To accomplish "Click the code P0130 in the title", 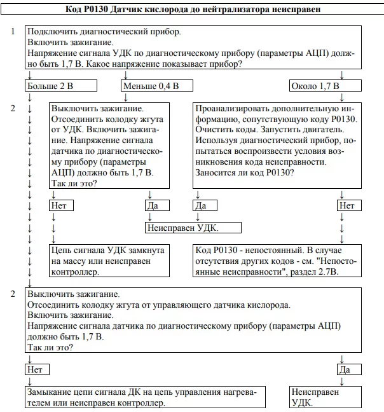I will pyautogui.click(x=97, y=10).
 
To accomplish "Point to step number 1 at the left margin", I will pyautogui.click(x=13, y=31).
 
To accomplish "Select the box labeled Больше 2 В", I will pyautogui.click(x=61, y=86).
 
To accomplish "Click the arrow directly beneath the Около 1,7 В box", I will pyautogui.click(x=341, y=97).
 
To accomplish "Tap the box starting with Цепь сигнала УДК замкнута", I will pyautogui.click(x=109, y=261).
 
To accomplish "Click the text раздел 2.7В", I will pyautogui.click(x=309, y=271).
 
